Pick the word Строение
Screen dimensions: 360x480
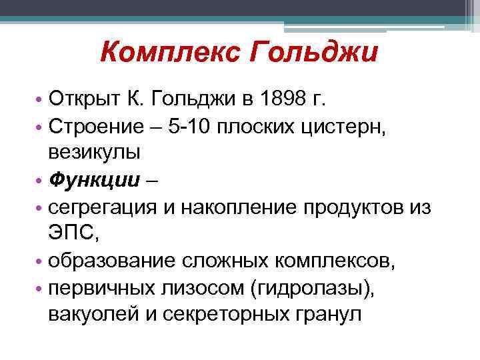(93, 127)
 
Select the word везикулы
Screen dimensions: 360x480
(94, 152)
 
